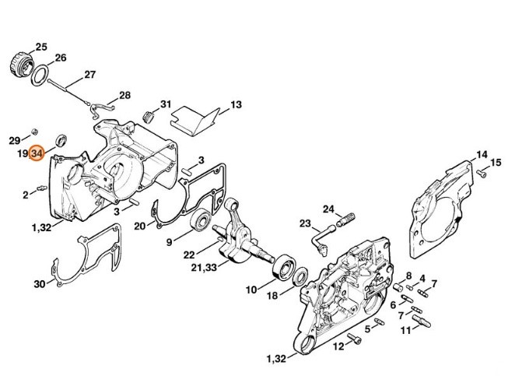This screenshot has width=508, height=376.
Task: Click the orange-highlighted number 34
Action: tap(37, 153)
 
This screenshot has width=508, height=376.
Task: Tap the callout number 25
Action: tap(41, 47)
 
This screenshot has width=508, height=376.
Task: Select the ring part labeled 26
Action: tap(40, 76)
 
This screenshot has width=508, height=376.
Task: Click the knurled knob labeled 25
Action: tap(21, 63)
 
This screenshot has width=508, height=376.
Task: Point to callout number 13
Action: tap(236, 105)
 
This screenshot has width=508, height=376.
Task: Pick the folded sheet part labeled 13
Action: tap(195, 120)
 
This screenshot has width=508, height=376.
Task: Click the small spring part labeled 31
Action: tap(148, 116)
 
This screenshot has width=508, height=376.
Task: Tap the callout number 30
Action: tap(40, 284)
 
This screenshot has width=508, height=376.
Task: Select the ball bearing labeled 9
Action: tap(201, 220)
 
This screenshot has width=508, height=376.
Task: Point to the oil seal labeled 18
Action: tap(301, 276)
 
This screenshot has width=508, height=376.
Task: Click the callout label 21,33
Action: tap(204, 268)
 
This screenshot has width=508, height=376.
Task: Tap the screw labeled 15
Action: tap(482, 173)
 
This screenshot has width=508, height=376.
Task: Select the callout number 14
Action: tap(482, 155)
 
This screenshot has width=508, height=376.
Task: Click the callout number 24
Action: tap(328, 209)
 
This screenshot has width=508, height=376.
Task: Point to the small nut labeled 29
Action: tap(35, 132)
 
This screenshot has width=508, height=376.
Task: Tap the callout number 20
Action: tap(140, 226)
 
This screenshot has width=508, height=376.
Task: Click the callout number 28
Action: tap(124, 95)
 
